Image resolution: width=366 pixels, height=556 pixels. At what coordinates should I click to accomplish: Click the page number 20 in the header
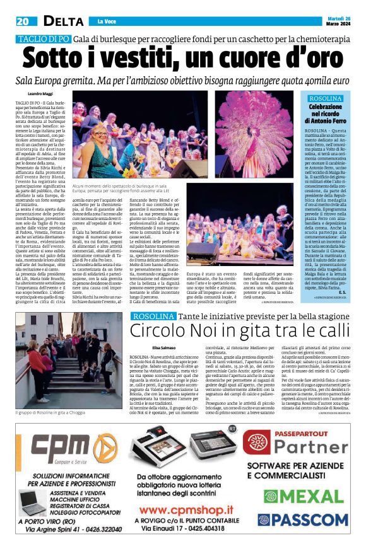pyautogui.click(x=23, y=21)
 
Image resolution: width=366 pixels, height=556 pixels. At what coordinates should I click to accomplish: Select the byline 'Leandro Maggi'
pyautogui.click(x=44, y=93)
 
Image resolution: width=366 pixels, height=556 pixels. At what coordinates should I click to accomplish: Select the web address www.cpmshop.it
pyautogui.click(x=184, y=509)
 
